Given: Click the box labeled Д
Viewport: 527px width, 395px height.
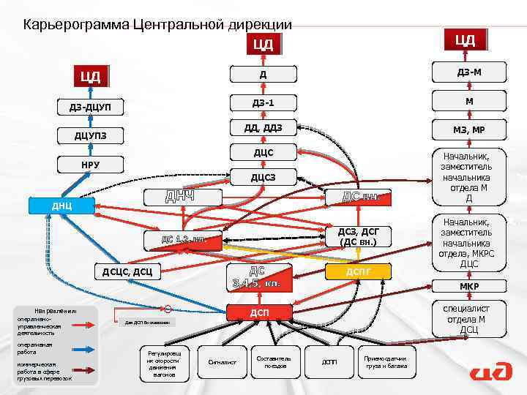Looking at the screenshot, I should (x=263, y=75).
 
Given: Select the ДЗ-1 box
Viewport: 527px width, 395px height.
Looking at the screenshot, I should (x=263, y=102).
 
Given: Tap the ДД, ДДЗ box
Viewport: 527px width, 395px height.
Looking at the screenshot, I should (x=263, y=129).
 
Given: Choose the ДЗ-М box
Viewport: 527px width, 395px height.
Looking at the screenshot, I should (x=468, y=72).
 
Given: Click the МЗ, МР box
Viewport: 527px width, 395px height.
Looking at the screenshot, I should (x=468, y=130).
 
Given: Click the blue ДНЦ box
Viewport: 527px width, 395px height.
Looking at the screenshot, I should (x=61, y=206).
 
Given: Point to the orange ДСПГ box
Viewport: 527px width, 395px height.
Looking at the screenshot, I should (x=359, y=272).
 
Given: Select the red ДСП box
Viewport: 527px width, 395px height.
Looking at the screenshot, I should (x=259, y=313).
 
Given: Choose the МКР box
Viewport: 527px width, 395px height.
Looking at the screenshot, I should (x=468, y=286).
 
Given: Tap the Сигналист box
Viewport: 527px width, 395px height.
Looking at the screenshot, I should (x=223, y=361).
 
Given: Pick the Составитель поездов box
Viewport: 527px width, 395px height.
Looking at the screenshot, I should (x=274, y=361).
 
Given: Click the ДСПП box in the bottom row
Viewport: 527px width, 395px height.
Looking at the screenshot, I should (x=330, y=361).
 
